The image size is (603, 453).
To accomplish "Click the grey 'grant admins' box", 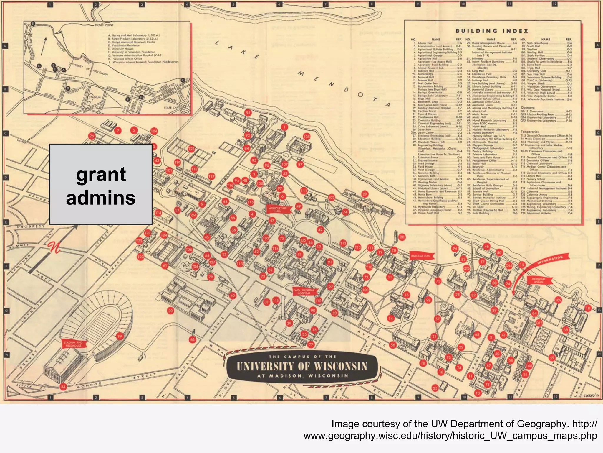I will (100, 184).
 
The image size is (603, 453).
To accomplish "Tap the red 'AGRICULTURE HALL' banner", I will (278, 209).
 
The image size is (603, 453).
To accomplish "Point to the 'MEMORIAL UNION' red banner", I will (538, 280).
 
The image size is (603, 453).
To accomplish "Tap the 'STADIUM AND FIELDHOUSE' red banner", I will (73, 344).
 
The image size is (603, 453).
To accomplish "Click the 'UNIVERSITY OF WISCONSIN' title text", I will (302, 366).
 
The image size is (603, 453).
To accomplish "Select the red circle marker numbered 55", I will (248, 113).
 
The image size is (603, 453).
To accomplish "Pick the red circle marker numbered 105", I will (307, 137).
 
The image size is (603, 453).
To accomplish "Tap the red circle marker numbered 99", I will (120, 336).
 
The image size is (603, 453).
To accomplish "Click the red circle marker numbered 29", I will (365, 194).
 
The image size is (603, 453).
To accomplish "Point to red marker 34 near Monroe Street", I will (63, 387).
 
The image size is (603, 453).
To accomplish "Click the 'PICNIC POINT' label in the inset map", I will (104, 25).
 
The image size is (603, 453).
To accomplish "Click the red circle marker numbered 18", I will (588, 308).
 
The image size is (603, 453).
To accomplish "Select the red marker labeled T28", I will (191, 149).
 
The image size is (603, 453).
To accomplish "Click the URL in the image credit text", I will (450, 436).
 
